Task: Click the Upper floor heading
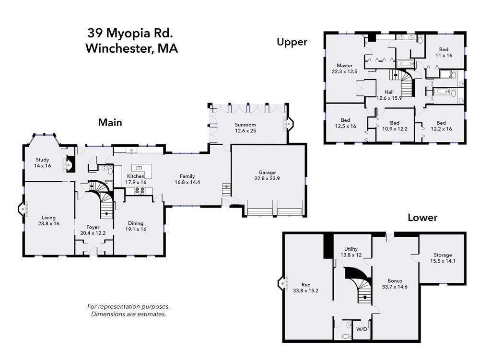click(x=292, y=42)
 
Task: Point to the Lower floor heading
click(x=422, y=218)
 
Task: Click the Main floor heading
click(x=110, y=123)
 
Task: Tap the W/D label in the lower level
click(x=362, y=329)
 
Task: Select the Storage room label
click(x=443, y=255)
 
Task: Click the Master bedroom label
click(x=344, y=66)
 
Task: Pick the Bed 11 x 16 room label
click(x=444, y=49)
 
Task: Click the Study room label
click(x=42, y=160)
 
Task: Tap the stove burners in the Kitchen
click(x=140, y=190)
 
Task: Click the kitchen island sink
click(x=140, y=168)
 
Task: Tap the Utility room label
click(x=351, y=249)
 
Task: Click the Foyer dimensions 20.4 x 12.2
click(x=93, y=233)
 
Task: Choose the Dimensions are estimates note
click(x=129, y=314)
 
